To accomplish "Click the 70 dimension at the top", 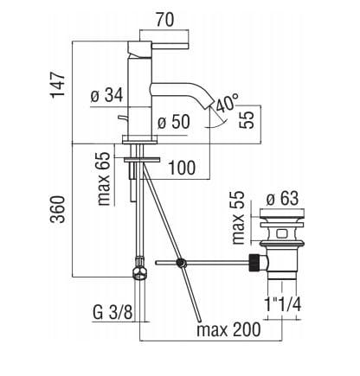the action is coord(165,20).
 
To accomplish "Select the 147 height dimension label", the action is coord(58,85).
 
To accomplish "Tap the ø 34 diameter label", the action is coord(106,95).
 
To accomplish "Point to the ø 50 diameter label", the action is coord(174,122).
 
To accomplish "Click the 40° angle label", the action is coord(227,103).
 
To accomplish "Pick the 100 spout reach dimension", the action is coord(182,168).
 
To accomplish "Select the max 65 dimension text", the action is coord(104,179).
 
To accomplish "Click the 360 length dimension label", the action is coord(58,209).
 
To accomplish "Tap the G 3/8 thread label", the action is coord(112,312).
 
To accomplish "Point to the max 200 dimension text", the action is coord(228,329).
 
